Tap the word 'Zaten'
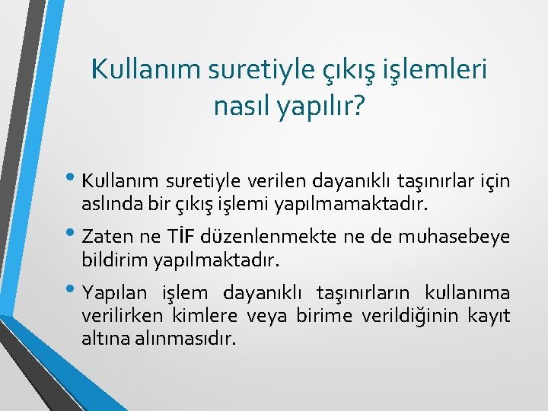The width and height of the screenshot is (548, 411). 107,237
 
